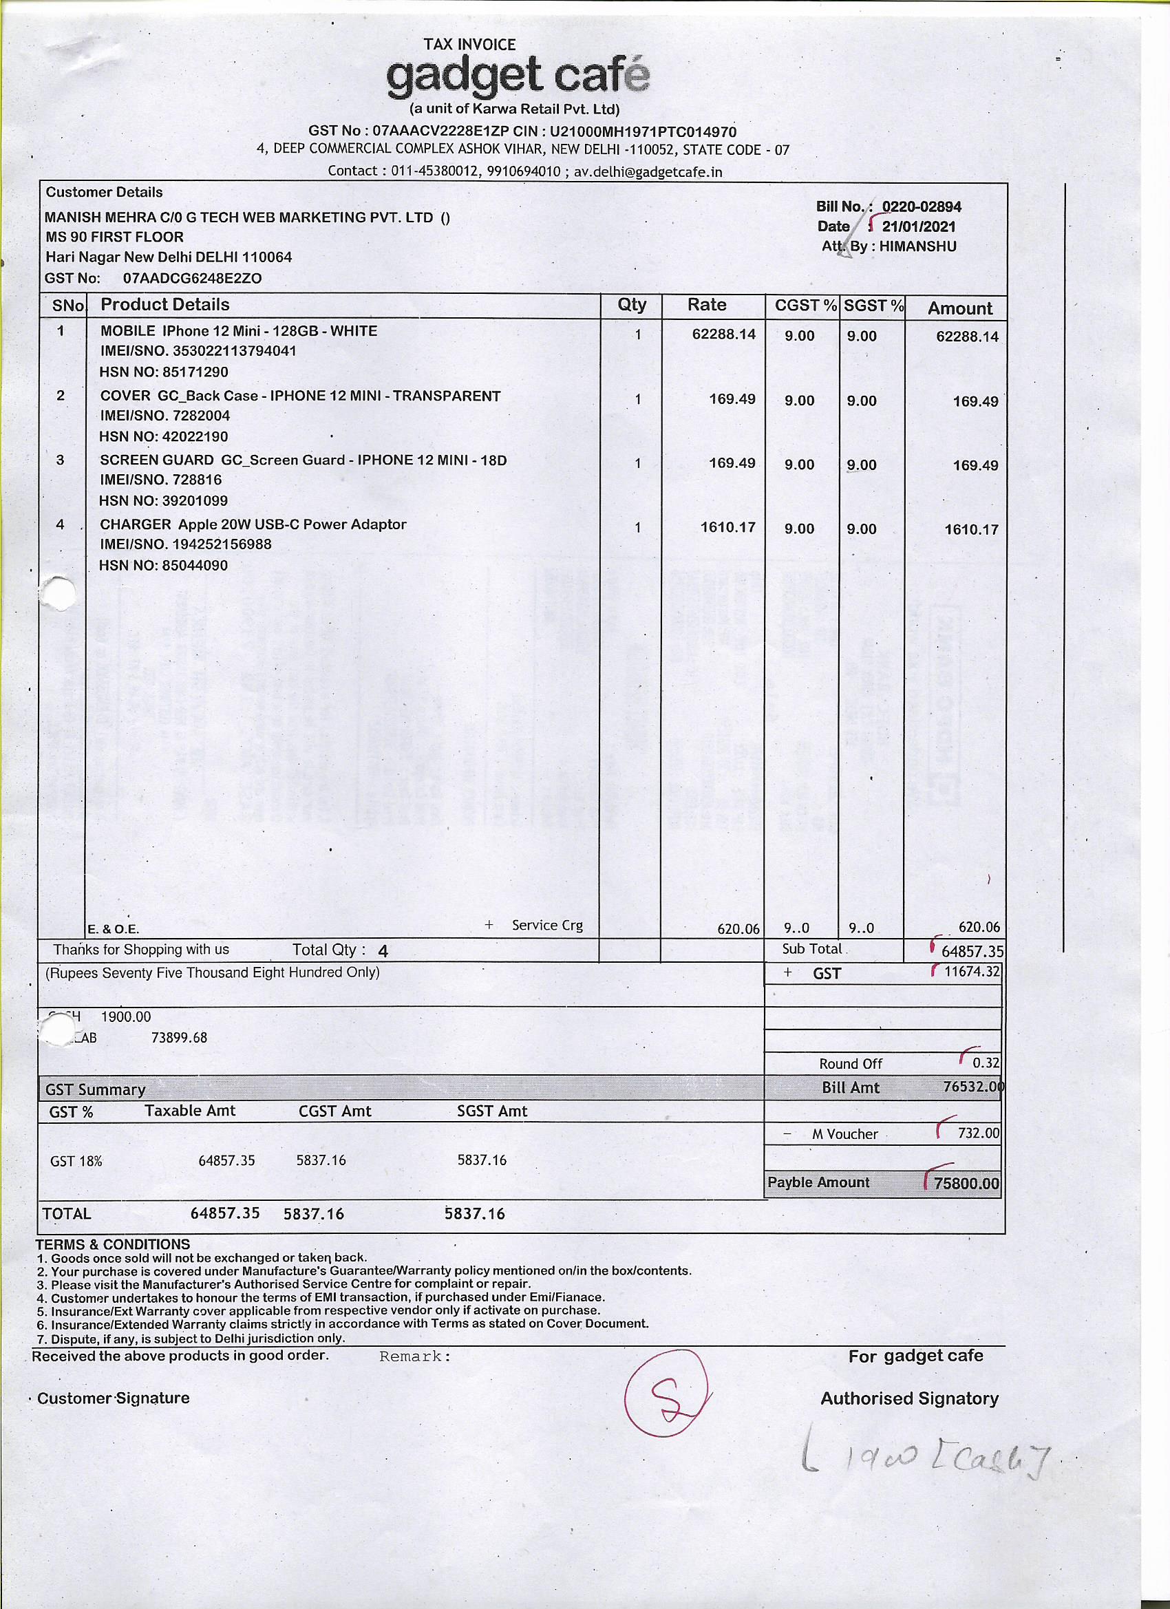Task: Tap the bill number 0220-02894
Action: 921,207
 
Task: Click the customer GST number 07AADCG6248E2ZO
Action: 192,279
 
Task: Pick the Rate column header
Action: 707,305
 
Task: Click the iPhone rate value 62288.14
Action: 724,334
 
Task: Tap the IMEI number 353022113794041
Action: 235,351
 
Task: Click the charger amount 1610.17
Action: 970,530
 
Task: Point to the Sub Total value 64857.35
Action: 970,951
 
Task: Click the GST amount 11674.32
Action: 971,972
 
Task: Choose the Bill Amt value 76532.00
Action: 972,1087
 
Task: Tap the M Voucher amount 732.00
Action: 979,1133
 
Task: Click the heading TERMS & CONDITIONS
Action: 113,1244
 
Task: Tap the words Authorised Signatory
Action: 909,1398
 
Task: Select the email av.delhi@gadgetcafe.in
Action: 648,171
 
